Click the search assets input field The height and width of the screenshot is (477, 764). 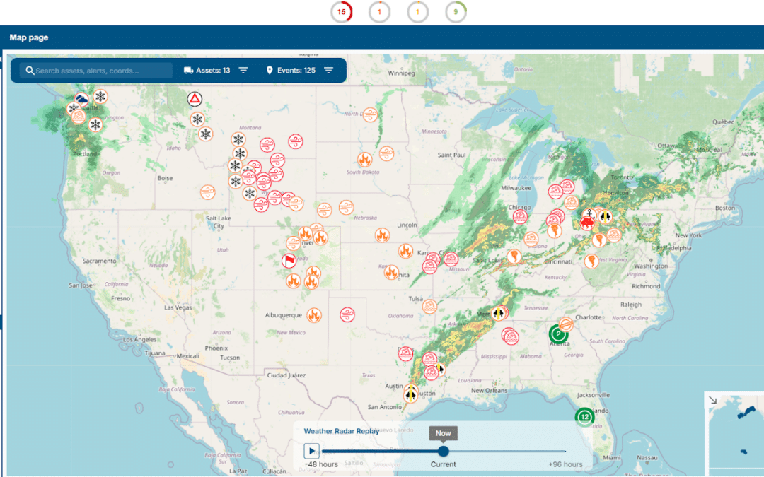(x=99, y=71)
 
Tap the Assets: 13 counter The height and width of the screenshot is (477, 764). (x=207, y=71)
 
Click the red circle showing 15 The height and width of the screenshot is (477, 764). (x=342, y=11)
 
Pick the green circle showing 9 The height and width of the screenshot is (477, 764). (x=456, y=11)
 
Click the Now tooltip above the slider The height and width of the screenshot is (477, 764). (x=443, y=433)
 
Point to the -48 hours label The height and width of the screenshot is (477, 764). (x=321, y=464)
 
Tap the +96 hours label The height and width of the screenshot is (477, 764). (x=565, y=464)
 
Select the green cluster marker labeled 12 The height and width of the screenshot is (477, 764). (x=584, y=417)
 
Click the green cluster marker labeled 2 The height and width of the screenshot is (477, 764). (x=558, y=334)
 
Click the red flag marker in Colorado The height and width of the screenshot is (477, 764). (x=289, y=261)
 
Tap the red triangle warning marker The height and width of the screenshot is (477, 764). (x=195, y=99)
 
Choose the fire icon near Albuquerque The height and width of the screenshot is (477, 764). (x=314, y=315)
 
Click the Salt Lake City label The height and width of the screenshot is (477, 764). (x=219, y=223)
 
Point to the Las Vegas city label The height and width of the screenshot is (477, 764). (x=178, y=308)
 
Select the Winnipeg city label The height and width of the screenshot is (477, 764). (x=400, y=73)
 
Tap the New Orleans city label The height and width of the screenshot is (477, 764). (x=489, y=391)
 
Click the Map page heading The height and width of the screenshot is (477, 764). (x=29, y=37)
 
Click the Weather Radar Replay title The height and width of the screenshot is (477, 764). (x=342, y=431)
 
